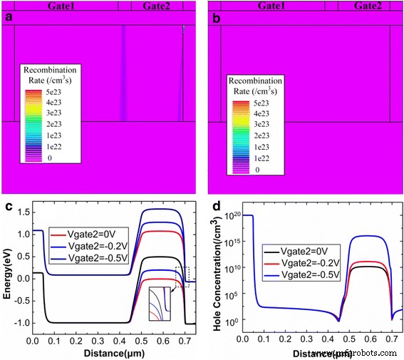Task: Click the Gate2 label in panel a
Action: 156,6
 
